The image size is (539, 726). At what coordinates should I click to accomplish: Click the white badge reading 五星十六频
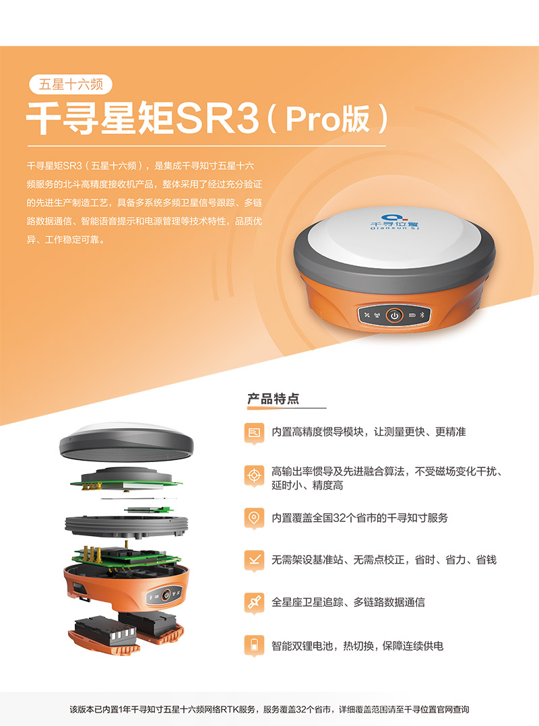[71, 84]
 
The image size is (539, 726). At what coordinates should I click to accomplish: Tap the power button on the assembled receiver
[394, 315]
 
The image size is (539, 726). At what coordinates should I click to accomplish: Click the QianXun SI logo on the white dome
[394, 222]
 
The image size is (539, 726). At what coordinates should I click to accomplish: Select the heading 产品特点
[273, 399]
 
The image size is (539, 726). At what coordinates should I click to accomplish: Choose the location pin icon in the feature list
[254, 518]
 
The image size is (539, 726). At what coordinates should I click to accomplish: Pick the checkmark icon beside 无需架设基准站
[254, 560]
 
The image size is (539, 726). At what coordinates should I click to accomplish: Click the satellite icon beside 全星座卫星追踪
[254, 603]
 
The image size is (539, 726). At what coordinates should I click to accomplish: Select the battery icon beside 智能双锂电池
[254, 645]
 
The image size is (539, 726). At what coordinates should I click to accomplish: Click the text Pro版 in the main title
[328, 119]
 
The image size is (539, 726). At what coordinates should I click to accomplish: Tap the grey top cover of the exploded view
[127, 442]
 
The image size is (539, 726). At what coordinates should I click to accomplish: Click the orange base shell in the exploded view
[126, 586]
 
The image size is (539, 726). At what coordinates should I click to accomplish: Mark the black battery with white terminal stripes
[106, 630]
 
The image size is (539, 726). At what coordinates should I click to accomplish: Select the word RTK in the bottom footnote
[230, 709]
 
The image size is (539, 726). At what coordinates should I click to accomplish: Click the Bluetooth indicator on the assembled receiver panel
[422, 315]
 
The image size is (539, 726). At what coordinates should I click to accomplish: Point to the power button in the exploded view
[166, 595]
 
